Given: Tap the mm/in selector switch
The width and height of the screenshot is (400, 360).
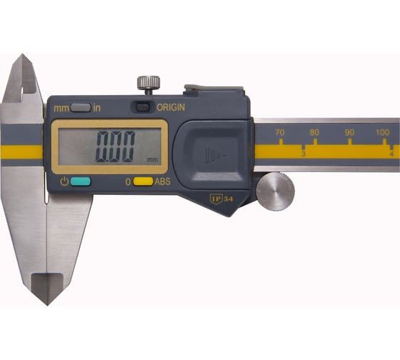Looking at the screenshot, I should [x=80, y=108].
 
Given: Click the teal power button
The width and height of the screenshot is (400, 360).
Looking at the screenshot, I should [x=81, y=181].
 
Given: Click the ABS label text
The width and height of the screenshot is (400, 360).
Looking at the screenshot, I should [x=163, y=181].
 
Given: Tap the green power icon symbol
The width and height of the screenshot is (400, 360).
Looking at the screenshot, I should [x=64, y=181].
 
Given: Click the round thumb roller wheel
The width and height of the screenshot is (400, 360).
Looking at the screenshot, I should [x=275, y=191].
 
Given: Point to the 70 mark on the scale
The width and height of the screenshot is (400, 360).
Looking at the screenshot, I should [x=279, y=132].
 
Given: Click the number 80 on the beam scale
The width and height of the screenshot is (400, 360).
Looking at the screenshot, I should [x=314, y=132].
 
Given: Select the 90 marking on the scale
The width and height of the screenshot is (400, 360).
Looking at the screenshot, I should [x=349, y=132].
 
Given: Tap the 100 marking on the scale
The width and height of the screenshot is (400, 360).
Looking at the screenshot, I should [x=383, y=132].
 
